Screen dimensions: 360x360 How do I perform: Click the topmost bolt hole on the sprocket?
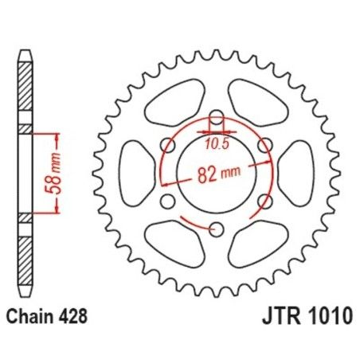[x=217, y=116]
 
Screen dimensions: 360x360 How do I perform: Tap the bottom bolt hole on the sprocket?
[x=217, y=230]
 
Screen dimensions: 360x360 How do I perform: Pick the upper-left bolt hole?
[x=167, y=145]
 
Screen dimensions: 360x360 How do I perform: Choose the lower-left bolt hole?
[x=167, y=202]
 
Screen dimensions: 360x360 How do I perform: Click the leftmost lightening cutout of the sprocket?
[x=128, y=174]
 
